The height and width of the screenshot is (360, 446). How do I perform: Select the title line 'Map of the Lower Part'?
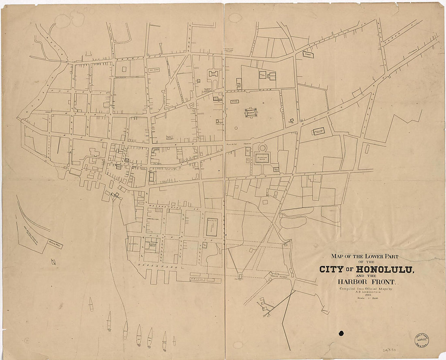click(365, 256)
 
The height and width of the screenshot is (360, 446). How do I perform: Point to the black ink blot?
click(341, 333)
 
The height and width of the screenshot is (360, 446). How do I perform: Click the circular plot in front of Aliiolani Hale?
click(262, 147)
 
